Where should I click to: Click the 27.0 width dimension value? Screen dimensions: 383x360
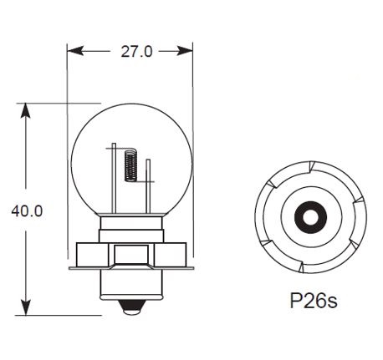tap(137, 52)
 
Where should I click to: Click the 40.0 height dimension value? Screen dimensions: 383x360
tap(27, 211)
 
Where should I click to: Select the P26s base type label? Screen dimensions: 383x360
tap(314, 301)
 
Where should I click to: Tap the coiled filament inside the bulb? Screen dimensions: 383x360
tap(130, 165)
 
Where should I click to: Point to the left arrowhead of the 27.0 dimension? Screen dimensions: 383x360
tap(75, 51)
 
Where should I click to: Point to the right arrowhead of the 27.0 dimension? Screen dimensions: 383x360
tap(185, 51)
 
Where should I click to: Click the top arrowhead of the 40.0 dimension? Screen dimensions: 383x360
tap(26, 111)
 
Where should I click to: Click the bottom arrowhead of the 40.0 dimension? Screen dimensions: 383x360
tap(26, 307)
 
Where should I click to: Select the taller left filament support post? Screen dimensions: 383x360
tap(114, 179)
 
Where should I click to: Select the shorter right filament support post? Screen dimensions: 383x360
tap(148, 187)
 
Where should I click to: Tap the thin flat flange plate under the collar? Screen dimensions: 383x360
tap(131, 268)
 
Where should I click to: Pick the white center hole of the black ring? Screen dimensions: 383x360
tap(310, 217)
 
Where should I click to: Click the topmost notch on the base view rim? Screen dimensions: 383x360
tap(311, 166)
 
